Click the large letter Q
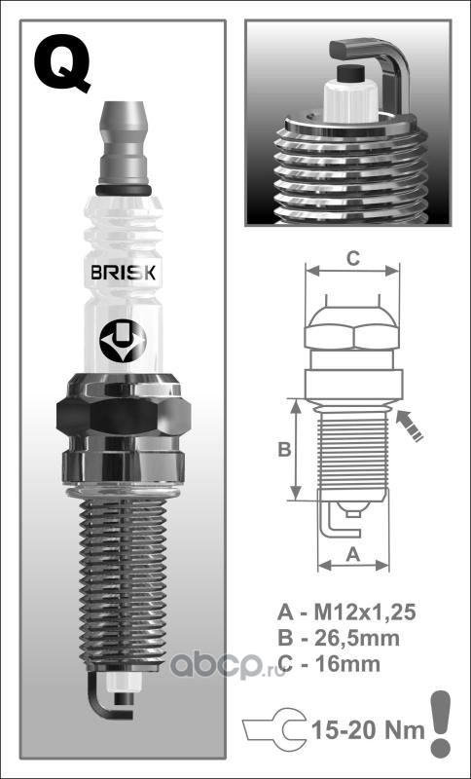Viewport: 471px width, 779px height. click(x=62, y=61)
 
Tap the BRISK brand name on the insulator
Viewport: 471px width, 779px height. click(x=123, y=273)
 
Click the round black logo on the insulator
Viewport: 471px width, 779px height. click(x=123, y=341)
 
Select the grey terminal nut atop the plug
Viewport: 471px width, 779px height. click(x=123, y=144)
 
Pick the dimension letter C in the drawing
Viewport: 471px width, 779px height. click(x=352, y=259)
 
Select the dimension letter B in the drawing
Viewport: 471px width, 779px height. click(x=284, y=449)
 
